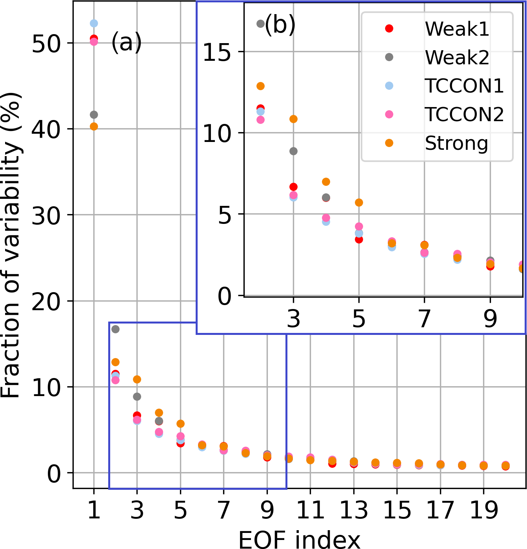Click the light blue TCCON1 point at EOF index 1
click(94, 24)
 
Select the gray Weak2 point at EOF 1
click(94, 115)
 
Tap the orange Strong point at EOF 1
click(94, 126)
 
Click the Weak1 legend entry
click(457, 29)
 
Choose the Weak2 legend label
click(457, 57)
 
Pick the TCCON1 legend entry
click(464, 86)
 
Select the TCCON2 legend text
click(464, 115)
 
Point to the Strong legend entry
click(456, 143)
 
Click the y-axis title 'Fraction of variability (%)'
click(11, 245)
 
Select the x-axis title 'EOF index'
click(299, 539)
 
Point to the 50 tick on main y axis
click(46, 44)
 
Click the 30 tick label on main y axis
click(46, 216)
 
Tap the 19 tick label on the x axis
click(484, 511)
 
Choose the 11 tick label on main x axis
click(310, 511)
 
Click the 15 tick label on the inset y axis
click(217, 52)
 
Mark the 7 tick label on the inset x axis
click(424, 318)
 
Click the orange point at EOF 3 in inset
click(293, 119)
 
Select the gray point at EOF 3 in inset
click(293, 151)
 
